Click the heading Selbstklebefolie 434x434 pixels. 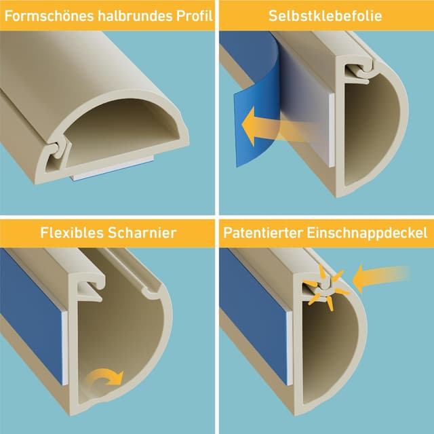coord(325,15)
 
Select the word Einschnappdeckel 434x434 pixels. coord(370,233)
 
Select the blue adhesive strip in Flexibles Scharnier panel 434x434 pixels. coord(31,292)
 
